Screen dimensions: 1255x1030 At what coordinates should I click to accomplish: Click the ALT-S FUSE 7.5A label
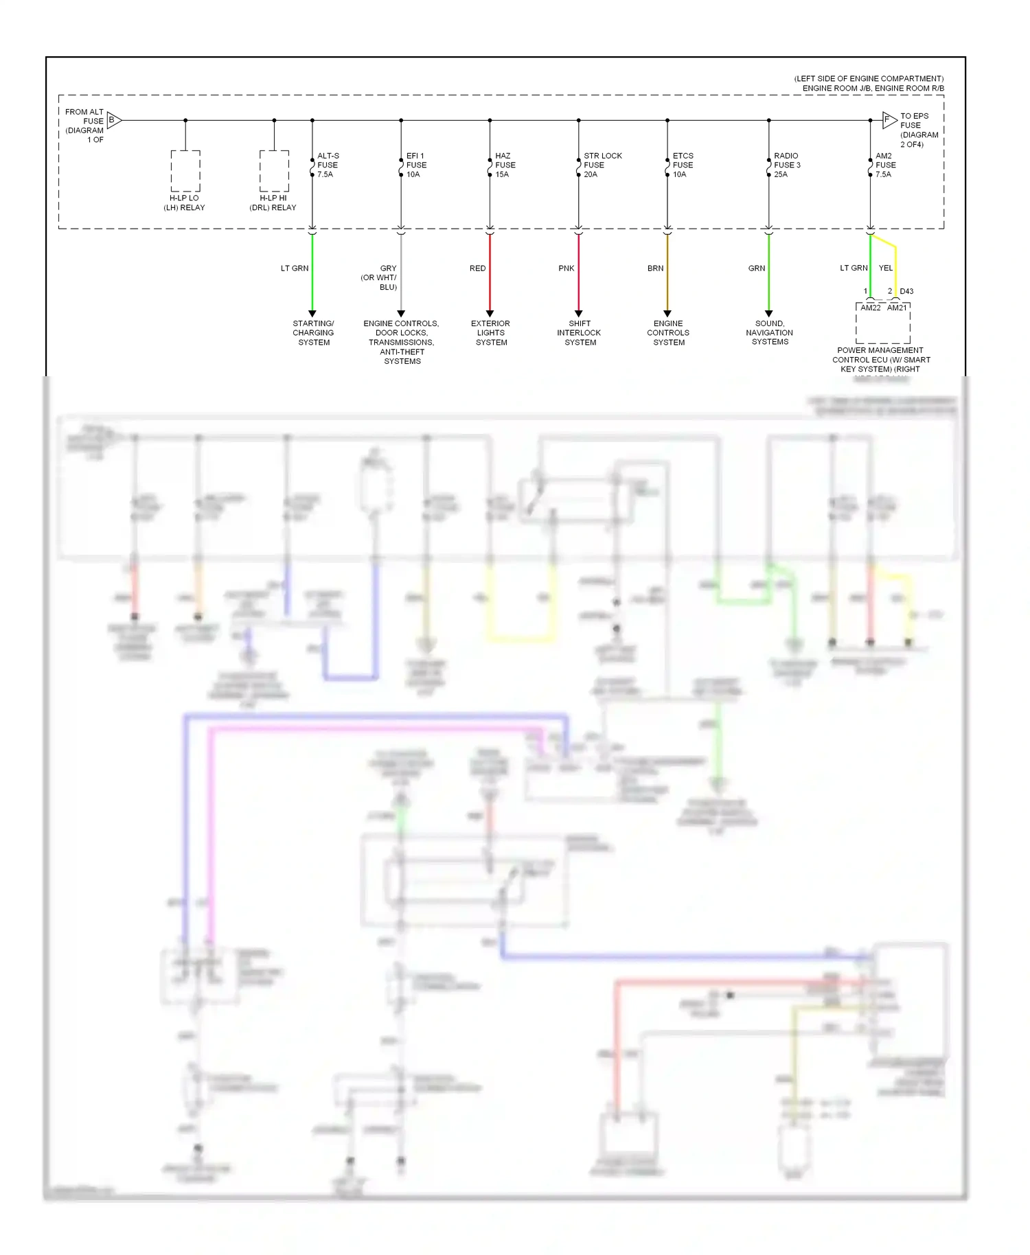coord(328,165)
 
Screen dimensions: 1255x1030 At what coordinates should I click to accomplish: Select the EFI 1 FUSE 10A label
coord(416,165)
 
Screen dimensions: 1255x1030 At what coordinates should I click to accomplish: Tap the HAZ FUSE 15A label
coord(505,165)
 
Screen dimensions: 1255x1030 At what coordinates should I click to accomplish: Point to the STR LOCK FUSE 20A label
coord(602,165)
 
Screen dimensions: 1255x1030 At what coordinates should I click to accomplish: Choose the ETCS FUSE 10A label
coord(683,165)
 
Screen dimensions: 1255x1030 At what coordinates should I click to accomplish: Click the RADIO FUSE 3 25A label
coord(787,165)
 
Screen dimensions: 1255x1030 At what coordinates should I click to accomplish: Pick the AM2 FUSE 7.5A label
coord(885,165)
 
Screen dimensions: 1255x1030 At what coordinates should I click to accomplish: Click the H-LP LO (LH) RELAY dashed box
coord(185,171)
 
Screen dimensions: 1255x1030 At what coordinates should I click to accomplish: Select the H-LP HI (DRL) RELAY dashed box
coord(274,171)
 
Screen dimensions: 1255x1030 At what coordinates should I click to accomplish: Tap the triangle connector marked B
coord(114,120)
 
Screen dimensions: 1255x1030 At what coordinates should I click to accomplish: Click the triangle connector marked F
coord(889,119)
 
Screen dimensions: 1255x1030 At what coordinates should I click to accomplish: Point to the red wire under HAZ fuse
coord(490,275)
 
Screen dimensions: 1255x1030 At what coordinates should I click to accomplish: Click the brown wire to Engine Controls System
coord(667,275)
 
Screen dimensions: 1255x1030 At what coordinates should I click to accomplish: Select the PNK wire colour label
coord(566,268)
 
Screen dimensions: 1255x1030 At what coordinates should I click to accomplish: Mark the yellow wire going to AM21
coord(895,271)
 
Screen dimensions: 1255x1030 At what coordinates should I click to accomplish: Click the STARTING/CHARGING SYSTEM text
coord(313,333)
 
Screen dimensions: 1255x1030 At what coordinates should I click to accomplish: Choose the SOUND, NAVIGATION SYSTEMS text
coord(769,333)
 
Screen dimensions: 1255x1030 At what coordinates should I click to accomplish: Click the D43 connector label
coord(906,291)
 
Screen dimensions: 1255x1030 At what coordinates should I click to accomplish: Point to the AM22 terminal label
coord(870,308)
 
